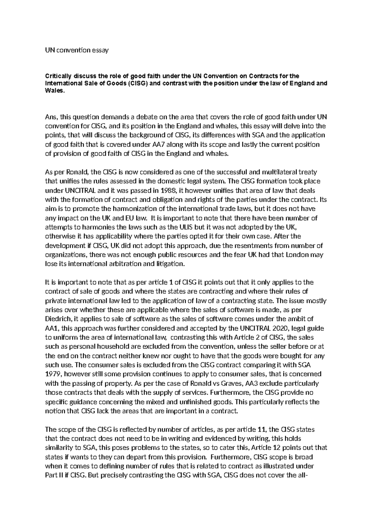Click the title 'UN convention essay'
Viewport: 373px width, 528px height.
(x=77, y=50)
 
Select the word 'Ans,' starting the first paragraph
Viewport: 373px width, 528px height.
(x=52, y=117)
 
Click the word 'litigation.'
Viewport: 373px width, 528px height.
(x=170, y=264)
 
